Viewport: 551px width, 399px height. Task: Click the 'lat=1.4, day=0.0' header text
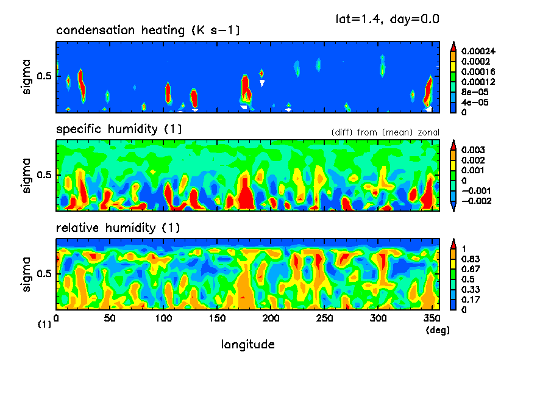tap(388, 19)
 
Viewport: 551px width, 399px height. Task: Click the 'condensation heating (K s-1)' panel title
tap(143, 31)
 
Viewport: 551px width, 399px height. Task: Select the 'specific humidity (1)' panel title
tap(119, 129)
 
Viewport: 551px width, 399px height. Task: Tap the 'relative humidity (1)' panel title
tap(118, 228)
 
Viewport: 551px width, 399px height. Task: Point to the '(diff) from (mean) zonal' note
tap(385, 132)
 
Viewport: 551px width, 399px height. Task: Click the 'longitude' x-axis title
tap(247, 345)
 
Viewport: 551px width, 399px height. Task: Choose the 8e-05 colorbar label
tap(471, 92)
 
